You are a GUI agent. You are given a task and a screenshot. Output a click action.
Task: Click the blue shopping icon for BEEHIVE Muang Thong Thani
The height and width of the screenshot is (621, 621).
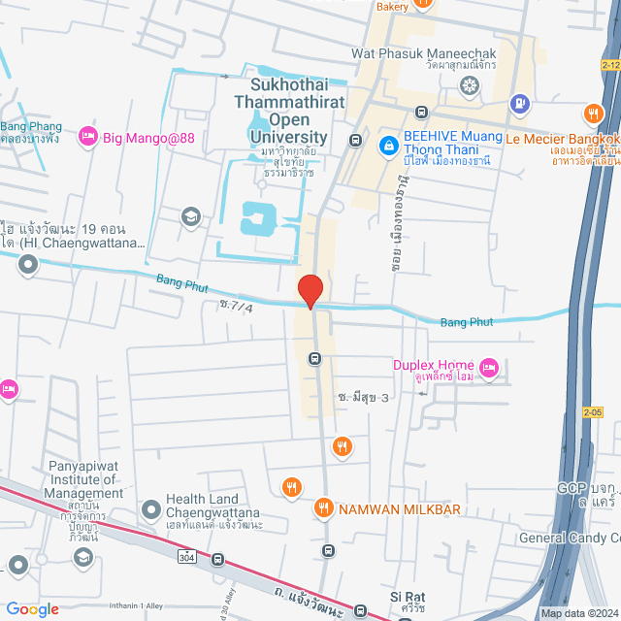(387, 144)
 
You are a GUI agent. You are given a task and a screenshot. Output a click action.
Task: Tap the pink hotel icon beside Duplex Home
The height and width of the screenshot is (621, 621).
(488, 366)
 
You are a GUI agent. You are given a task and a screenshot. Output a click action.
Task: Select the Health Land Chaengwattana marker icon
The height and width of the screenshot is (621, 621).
(150, 507)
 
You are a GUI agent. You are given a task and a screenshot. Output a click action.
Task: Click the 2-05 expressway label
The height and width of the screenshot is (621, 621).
(593, 411)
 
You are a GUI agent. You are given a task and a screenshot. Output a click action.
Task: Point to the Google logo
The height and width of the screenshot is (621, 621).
(32, 608)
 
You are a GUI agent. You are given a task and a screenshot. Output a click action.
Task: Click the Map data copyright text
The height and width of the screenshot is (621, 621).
(579, 613)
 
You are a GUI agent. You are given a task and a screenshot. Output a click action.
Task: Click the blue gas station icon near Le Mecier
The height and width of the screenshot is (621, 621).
(520, 102)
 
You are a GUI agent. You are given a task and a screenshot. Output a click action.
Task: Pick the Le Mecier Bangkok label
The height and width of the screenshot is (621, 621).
(563, 139)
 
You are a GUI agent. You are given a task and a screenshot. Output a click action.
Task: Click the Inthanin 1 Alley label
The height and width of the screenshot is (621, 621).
(91, 608)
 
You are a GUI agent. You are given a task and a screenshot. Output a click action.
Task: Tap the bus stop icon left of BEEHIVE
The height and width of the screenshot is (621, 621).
(356, 140)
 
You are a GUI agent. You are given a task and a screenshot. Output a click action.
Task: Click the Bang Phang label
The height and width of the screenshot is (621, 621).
(31, 127)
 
